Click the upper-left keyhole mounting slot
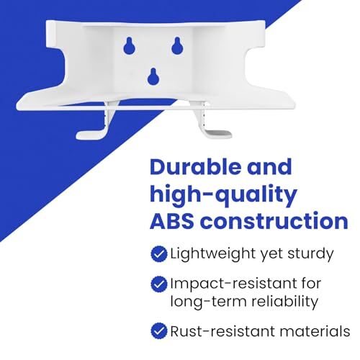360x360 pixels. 130,46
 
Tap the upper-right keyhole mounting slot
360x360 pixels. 177,45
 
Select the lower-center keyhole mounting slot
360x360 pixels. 153,76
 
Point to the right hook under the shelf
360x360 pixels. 211,124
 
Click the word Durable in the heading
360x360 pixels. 194,167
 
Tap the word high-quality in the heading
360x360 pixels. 223,195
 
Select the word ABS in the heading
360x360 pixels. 172,221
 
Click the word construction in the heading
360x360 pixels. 274,221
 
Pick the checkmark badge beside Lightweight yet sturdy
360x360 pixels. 159,253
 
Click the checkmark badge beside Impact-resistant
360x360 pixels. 159,284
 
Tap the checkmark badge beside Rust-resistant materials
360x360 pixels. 159,331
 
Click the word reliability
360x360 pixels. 285,302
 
